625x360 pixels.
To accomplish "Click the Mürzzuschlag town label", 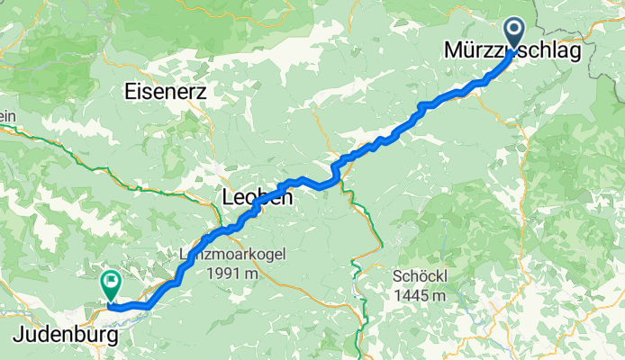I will (x=512, y=53).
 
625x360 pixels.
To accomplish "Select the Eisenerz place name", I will (x=167, y=92).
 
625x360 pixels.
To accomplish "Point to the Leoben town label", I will (x=257, y=197).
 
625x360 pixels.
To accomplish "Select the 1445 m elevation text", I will (x=419, y=293).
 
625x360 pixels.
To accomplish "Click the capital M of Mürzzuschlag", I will (x=453, y=53).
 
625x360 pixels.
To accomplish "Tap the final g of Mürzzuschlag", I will (x=573, y=56).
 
